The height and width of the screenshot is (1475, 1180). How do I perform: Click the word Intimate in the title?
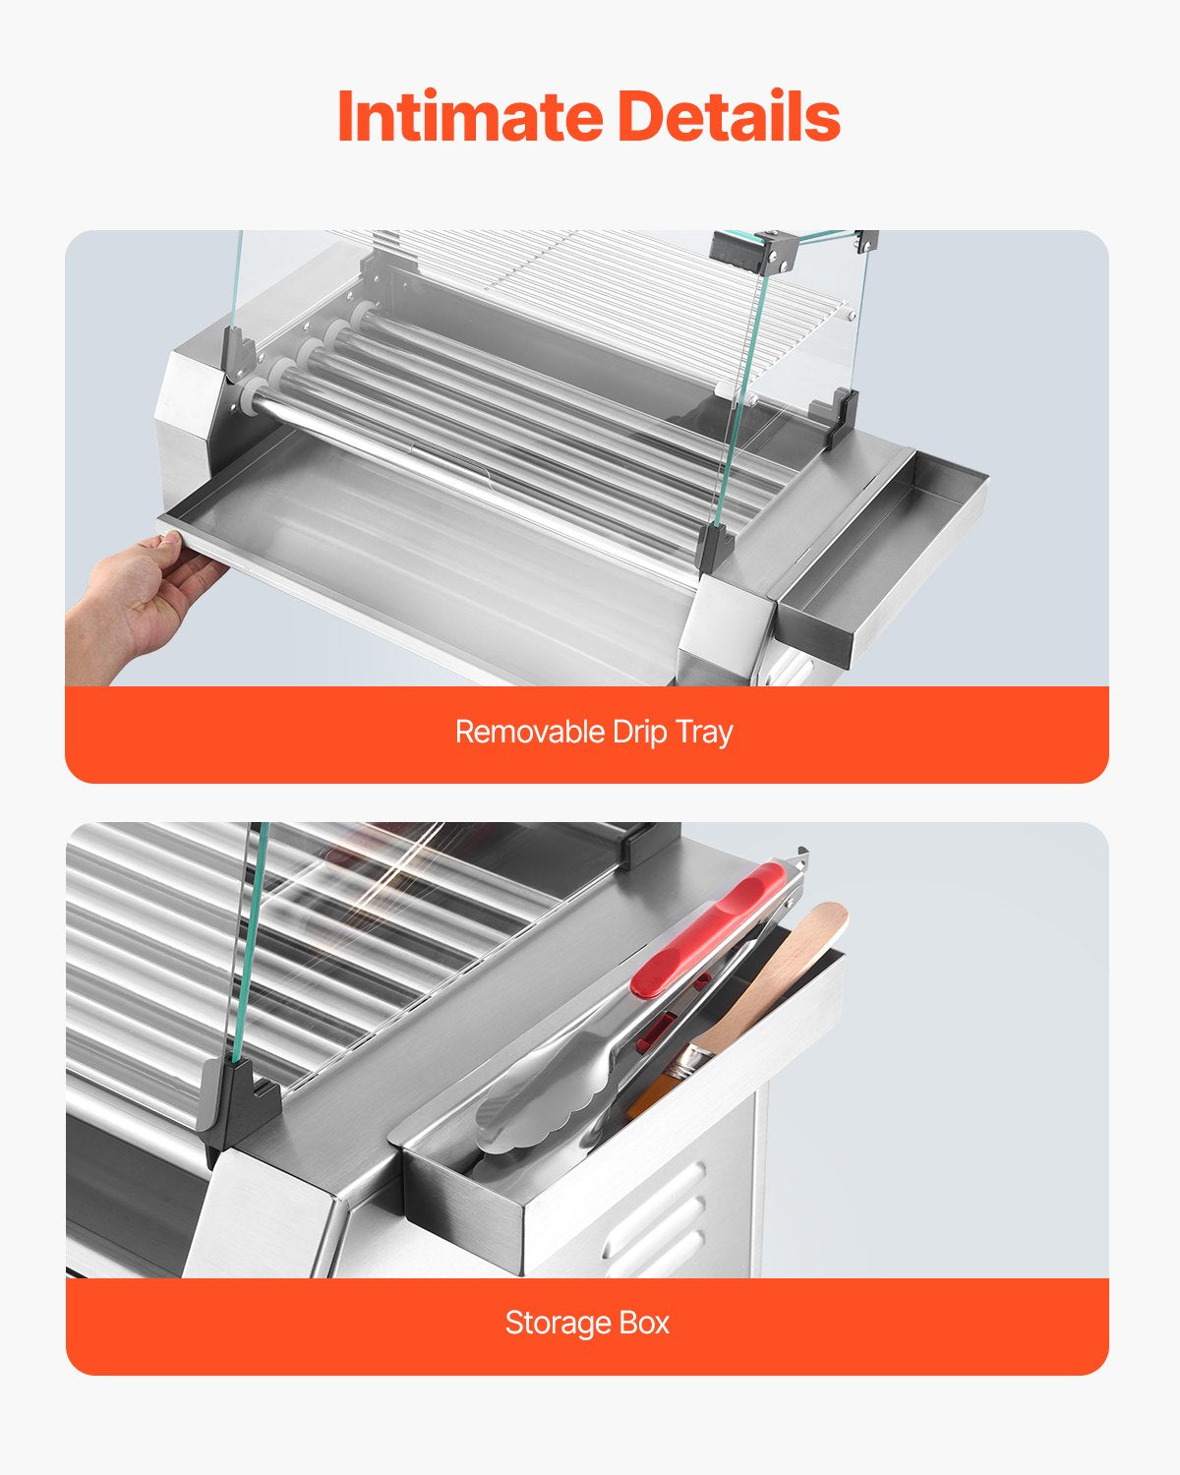469,116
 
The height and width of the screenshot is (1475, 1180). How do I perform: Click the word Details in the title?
729,116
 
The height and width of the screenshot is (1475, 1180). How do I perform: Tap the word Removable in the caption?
529,732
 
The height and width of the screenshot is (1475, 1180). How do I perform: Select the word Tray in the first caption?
704,733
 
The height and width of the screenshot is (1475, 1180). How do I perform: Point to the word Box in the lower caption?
644,1323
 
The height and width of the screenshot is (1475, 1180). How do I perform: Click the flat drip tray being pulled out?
393,531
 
